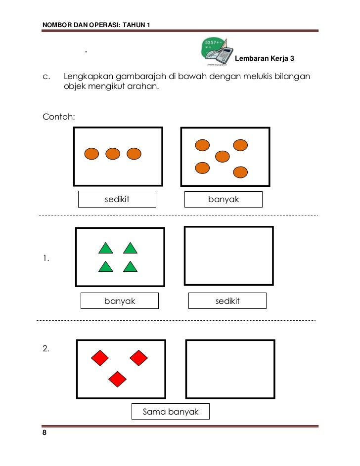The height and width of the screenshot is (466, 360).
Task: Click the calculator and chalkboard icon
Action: (216, 51)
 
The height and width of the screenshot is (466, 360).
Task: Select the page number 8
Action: (45, 433)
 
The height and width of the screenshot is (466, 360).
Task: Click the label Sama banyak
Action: (170, 412)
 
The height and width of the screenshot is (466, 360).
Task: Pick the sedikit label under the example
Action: (117, 199)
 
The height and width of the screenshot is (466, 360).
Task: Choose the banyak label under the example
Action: (223, 199)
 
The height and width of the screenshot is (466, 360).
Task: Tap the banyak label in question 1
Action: (120, 300)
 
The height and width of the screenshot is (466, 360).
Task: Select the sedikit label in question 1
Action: (227, 300)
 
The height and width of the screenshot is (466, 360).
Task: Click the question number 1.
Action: (45, 258)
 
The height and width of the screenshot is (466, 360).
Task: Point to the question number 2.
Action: (45, 348)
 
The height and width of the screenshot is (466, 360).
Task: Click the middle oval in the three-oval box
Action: (113, 154)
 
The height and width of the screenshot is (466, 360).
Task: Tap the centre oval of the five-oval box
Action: (223, 157)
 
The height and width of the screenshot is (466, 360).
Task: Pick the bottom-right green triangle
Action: (130, 266)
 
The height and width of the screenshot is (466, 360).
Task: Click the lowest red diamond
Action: (118, 379)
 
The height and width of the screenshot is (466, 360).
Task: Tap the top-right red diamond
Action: (138, 358)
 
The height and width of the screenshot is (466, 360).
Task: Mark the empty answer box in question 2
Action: (230, 369)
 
